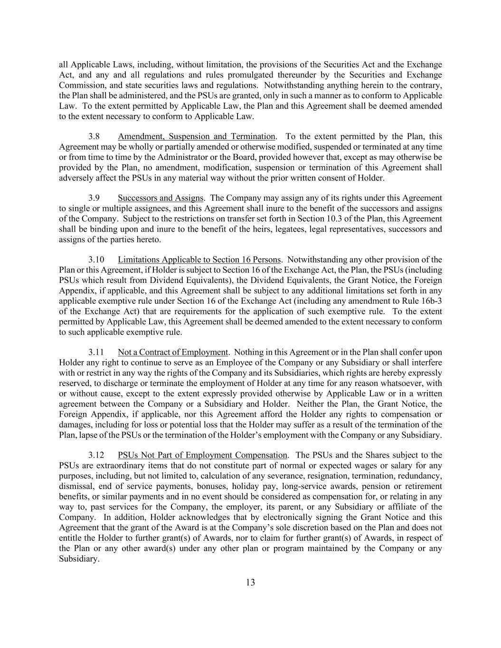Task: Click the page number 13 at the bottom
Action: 250,583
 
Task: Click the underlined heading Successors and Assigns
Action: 161,198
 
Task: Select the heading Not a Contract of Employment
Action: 173,352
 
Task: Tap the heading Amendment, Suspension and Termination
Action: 196,137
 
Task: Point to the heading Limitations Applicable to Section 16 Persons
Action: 199,260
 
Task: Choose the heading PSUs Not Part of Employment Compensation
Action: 202,455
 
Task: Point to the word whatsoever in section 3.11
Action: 403,383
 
